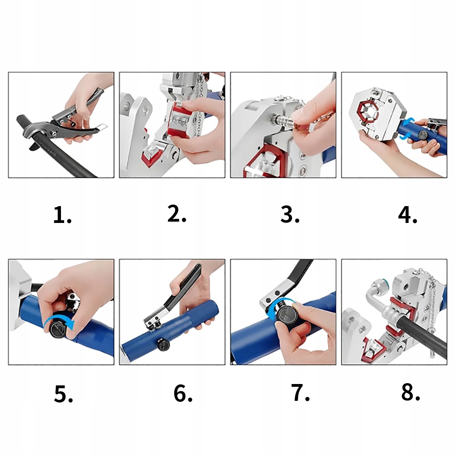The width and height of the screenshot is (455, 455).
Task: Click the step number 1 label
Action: (62, 215)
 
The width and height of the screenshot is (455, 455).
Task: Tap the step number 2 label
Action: (177, 213)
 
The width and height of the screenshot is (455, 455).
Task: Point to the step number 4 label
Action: (408, 215)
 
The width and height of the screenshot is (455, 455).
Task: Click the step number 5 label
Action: (64, 394)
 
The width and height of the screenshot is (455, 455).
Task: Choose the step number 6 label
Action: (183, 393)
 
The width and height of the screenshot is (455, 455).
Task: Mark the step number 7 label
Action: (300, 393)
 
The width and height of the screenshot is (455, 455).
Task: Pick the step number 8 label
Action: (410, 392)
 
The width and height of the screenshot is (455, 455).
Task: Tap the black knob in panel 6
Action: (163, 344)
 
